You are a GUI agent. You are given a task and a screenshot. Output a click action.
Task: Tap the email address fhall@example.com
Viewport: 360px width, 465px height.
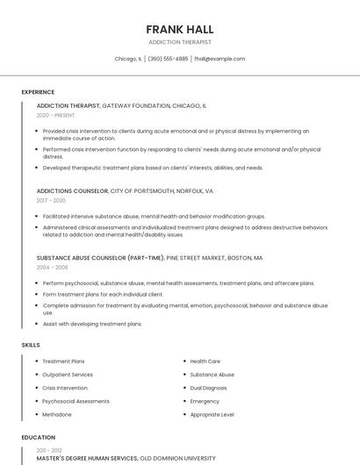(x=220, y=59)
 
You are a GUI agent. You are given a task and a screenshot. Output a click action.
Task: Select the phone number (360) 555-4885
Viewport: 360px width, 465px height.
(x=168, y=59)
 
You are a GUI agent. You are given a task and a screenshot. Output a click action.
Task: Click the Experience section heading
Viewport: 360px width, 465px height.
(x=38, y=92)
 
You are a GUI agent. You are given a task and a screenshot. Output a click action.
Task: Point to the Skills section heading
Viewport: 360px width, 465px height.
(x=31, y=345)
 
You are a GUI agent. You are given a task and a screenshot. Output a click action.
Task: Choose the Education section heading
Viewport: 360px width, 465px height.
(x=38, y=437)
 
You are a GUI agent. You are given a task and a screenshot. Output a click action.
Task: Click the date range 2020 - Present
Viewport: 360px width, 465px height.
(x=55, y=116)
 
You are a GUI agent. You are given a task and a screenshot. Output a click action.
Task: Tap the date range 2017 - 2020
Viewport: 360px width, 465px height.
(x=51, y=201)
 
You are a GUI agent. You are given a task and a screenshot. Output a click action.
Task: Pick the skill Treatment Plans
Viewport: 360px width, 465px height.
(x=63, y=361)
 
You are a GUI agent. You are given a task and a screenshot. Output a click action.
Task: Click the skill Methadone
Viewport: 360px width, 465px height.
(x=57, y=414)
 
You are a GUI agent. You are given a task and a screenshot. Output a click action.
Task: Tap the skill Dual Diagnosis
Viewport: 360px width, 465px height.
(x=208, y=388)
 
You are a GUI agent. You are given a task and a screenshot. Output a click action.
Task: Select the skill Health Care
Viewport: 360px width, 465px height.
(x=205, y=361)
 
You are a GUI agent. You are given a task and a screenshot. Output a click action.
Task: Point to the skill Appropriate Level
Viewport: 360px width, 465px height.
(x=212, y=414)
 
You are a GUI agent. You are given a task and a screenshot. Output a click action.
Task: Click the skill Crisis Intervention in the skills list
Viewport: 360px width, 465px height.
(x=65, y=388)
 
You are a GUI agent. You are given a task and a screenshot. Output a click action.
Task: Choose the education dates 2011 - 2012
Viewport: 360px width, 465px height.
(x=49, y=449)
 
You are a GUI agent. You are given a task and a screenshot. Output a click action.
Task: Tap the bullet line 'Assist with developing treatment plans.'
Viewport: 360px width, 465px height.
(x=92, y=324)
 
